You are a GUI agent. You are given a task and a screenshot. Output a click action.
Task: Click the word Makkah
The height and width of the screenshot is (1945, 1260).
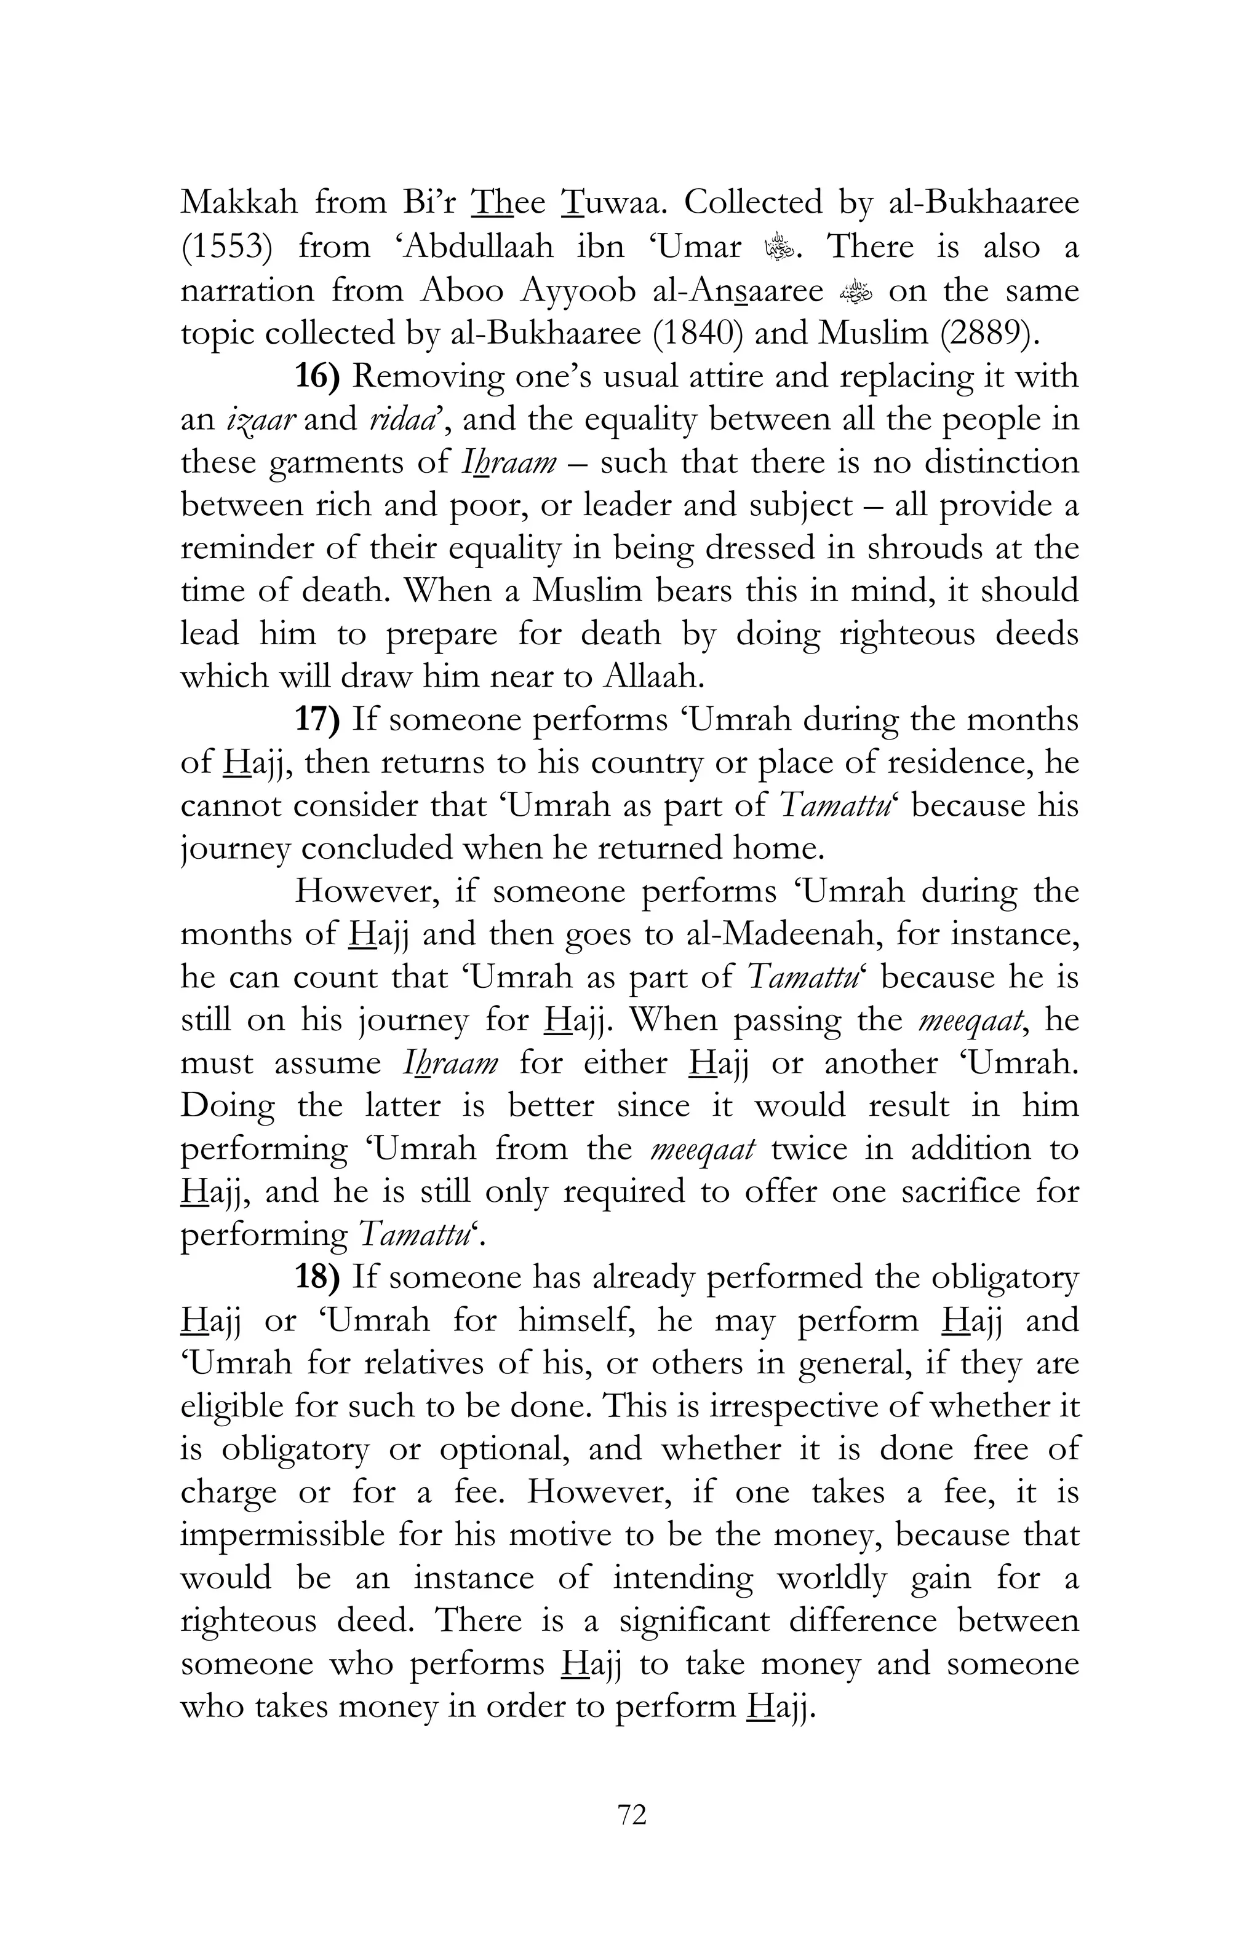[239, 203]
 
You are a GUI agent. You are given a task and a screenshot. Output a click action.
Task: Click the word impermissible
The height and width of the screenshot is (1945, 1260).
[282, 1535]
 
